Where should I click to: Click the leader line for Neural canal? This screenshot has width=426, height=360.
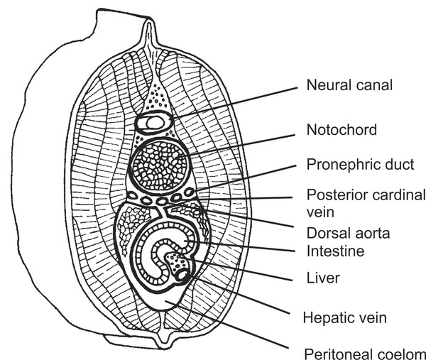pyautogui.click(x=234, y=102)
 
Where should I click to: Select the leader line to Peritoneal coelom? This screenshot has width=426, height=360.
pyautogui.click(x=234, y=327)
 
